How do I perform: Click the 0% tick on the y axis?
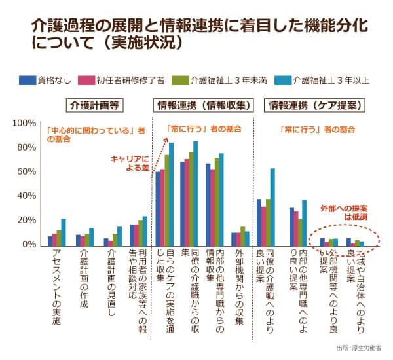[29, 245]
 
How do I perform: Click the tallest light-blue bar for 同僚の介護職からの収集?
[196, 194]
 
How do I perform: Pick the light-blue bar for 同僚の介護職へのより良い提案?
[272, 207]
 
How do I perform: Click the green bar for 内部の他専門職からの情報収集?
[216, 202]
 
